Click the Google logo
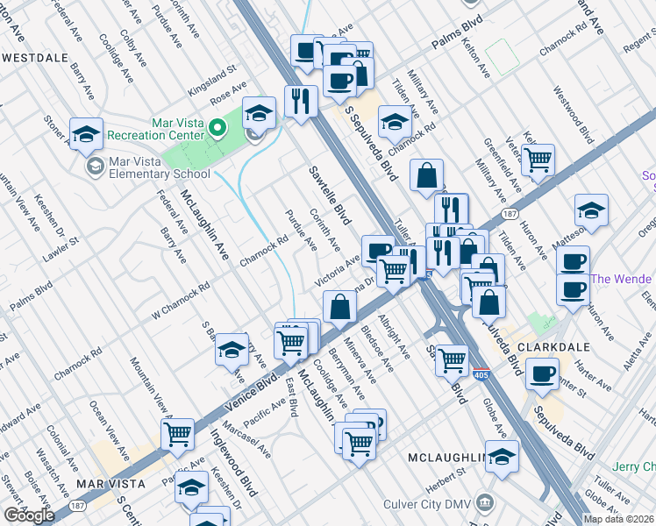[28, 515]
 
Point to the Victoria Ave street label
[338, 271]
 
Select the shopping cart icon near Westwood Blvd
[537, 159]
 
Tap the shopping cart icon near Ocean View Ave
[178, 432]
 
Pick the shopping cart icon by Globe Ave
[452, 358]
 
